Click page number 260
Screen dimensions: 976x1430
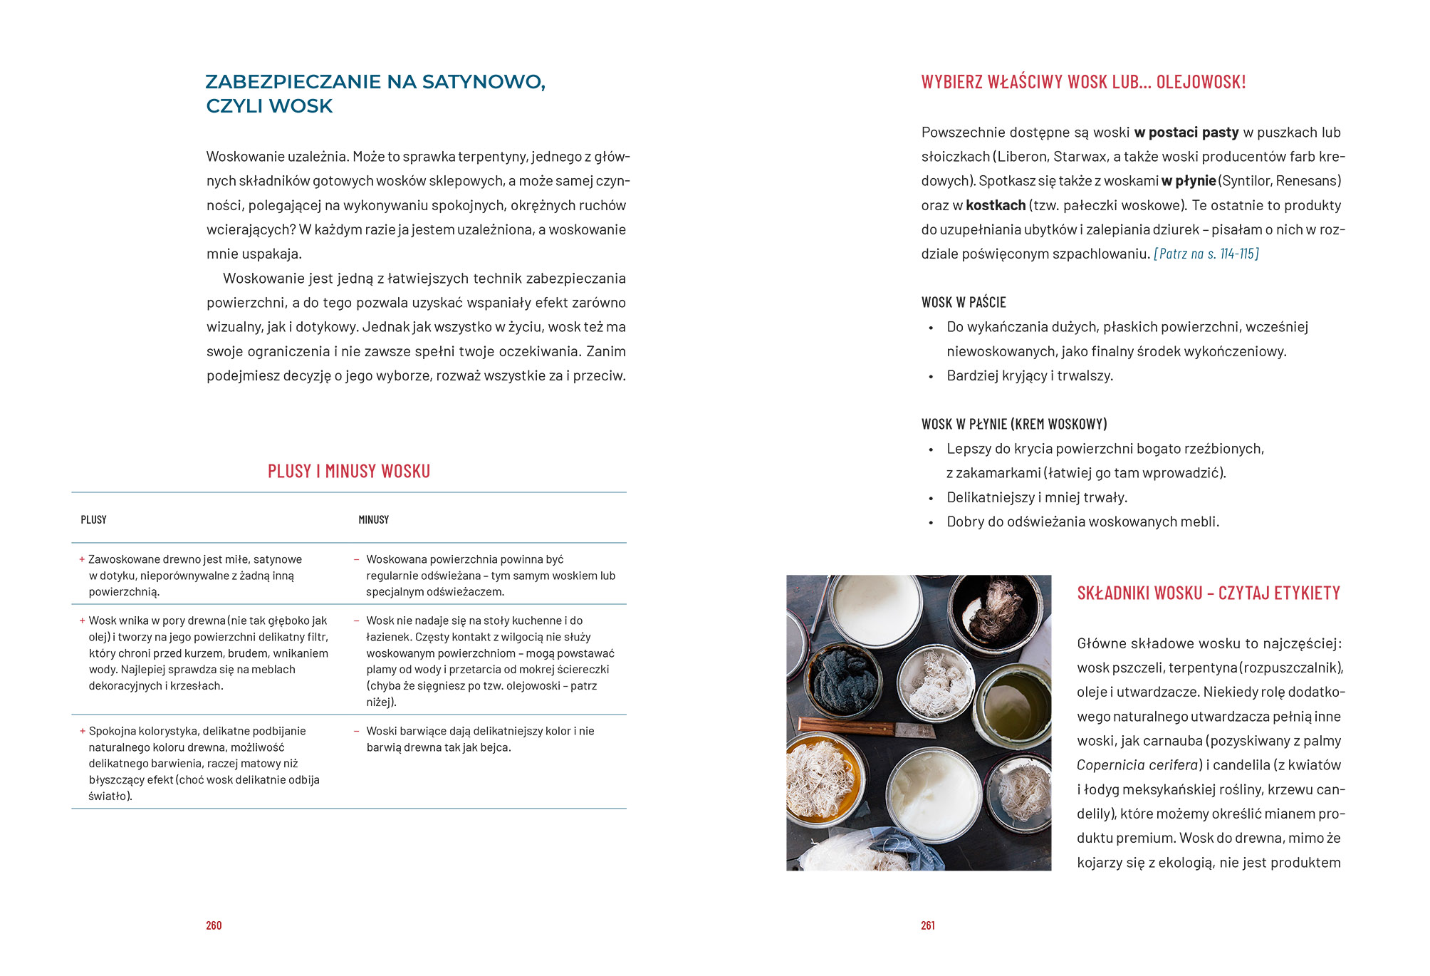214,925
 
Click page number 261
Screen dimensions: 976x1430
928,925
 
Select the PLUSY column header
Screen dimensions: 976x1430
93,520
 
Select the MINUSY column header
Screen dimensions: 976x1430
373,520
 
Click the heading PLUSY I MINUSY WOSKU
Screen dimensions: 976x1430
349,471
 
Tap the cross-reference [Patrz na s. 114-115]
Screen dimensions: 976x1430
1206,254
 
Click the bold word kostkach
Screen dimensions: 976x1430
996,205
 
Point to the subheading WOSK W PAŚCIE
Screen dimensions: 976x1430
964,302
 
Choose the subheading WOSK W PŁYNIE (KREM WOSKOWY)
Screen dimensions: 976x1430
1014,424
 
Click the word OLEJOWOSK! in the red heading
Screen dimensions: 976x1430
1201,82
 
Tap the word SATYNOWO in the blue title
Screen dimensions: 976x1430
484,82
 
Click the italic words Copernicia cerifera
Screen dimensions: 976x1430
1137,765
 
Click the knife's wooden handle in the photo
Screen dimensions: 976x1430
847,727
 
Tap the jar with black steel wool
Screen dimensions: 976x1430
845,680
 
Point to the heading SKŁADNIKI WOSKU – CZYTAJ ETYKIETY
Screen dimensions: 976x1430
1209,593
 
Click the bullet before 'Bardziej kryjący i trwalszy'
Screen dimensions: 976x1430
931,377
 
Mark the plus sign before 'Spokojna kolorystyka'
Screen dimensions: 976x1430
83,731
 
